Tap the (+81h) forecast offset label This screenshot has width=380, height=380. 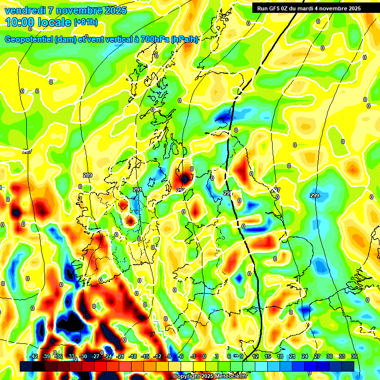coord(86,22)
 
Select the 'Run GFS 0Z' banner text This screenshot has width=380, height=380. coord(275,8)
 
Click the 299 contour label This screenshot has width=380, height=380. coord(315,196)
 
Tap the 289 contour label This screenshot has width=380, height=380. coord(88,176)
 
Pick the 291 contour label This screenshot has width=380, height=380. coord(138,190)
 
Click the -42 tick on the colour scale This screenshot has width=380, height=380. coord(34,356)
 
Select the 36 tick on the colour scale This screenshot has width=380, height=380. coord(354,356)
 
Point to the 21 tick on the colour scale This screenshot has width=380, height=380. coord(292,356)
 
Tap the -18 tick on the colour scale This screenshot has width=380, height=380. coord(133,356)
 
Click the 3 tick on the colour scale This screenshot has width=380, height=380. coord(217,356)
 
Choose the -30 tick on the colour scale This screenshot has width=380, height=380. coord(83,356)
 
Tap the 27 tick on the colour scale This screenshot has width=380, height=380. coord(317,356)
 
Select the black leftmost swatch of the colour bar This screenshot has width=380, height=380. coord(26,366)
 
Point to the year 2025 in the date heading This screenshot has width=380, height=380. coord(115,10)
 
